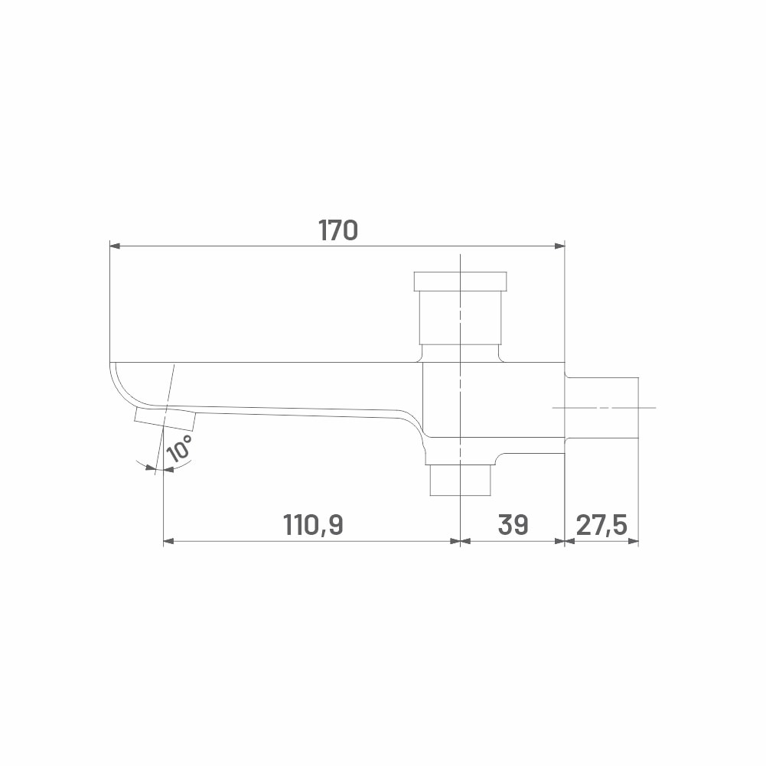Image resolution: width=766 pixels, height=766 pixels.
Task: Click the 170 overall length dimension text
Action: pyautogui.click(x=338, y=230)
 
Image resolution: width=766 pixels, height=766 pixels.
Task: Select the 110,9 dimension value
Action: pyautogui.click(x=313, y=525)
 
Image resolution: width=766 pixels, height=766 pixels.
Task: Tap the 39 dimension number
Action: pyautogui.click(x=513, y=525)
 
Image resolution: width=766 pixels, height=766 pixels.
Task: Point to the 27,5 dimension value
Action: pyautogui.click(x=601, y=525)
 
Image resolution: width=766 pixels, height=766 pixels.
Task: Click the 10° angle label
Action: pyautogui.click(x=179, y=448)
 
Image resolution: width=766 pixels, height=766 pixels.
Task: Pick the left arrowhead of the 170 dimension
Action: pyautogui.click(x=115, y=246)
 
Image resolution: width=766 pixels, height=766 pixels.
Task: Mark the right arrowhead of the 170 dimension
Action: pyautogui.click(x=560, y=246)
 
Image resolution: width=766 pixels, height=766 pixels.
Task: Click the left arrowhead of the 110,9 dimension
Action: pyautogui.click(x=168, y=541)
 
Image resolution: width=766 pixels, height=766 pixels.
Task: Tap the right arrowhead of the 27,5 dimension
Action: pyautogui.click(x=634, y=541)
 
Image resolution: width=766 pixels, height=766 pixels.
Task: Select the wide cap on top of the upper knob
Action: pyautogui.click(x=460, y=282)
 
